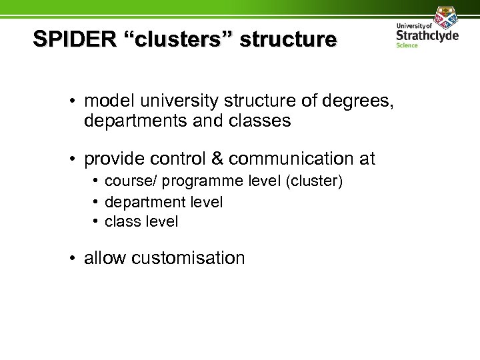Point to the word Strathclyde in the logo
click(x=427, y=35)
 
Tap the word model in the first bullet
click(x=108, y=102)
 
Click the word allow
click(x=105, y=258)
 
